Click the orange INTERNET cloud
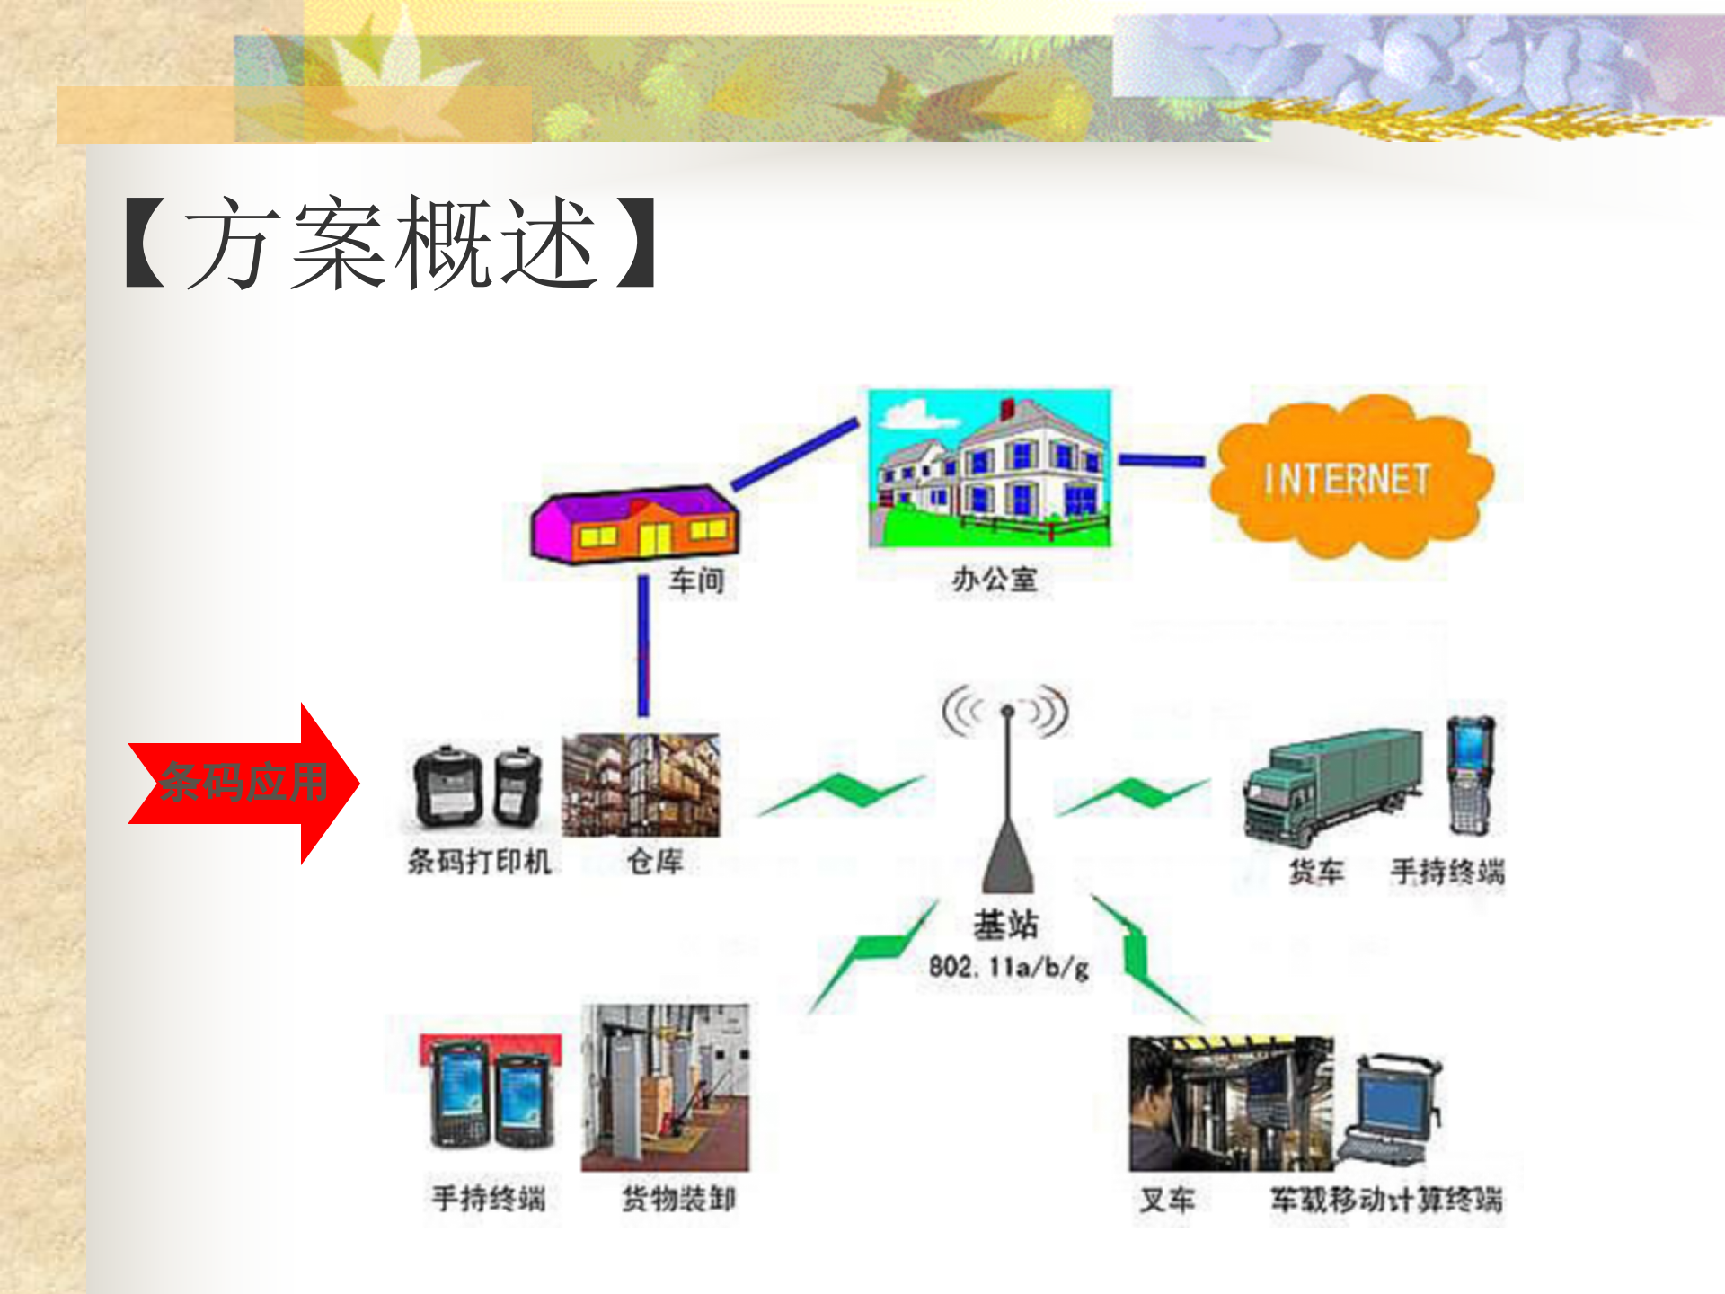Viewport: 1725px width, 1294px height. tap(1348, 479)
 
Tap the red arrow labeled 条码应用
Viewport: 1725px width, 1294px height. tap(243, 782)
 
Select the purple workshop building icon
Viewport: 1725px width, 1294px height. tap(634, 525)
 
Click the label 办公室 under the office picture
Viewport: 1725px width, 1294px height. tap(995, 580)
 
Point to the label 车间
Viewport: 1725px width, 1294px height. tap(696, 581)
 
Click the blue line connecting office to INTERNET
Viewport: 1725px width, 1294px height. tap(1161, 460)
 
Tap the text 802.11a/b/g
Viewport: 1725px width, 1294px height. tap(1008, 968)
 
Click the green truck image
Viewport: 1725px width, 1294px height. tap(1332, 786)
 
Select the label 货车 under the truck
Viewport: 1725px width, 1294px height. tap(1315, 871)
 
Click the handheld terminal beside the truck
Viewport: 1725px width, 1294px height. tap(1470, 775)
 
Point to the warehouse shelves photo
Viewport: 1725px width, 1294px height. tap(641, 785)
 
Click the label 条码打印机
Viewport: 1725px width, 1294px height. tap(479, 862)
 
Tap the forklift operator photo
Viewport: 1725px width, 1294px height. tap(1230, 1103)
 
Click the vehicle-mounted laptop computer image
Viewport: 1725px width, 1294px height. tap(1392, 1110)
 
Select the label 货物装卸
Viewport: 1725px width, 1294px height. tap(678, 1199)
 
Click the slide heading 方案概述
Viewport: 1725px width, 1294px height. tap(390, 243)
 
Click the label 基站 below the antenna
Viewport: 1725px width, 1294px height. tap(1006, 924)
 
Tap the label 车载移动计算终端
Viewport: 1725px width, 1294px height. tap(1385, 1200)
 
